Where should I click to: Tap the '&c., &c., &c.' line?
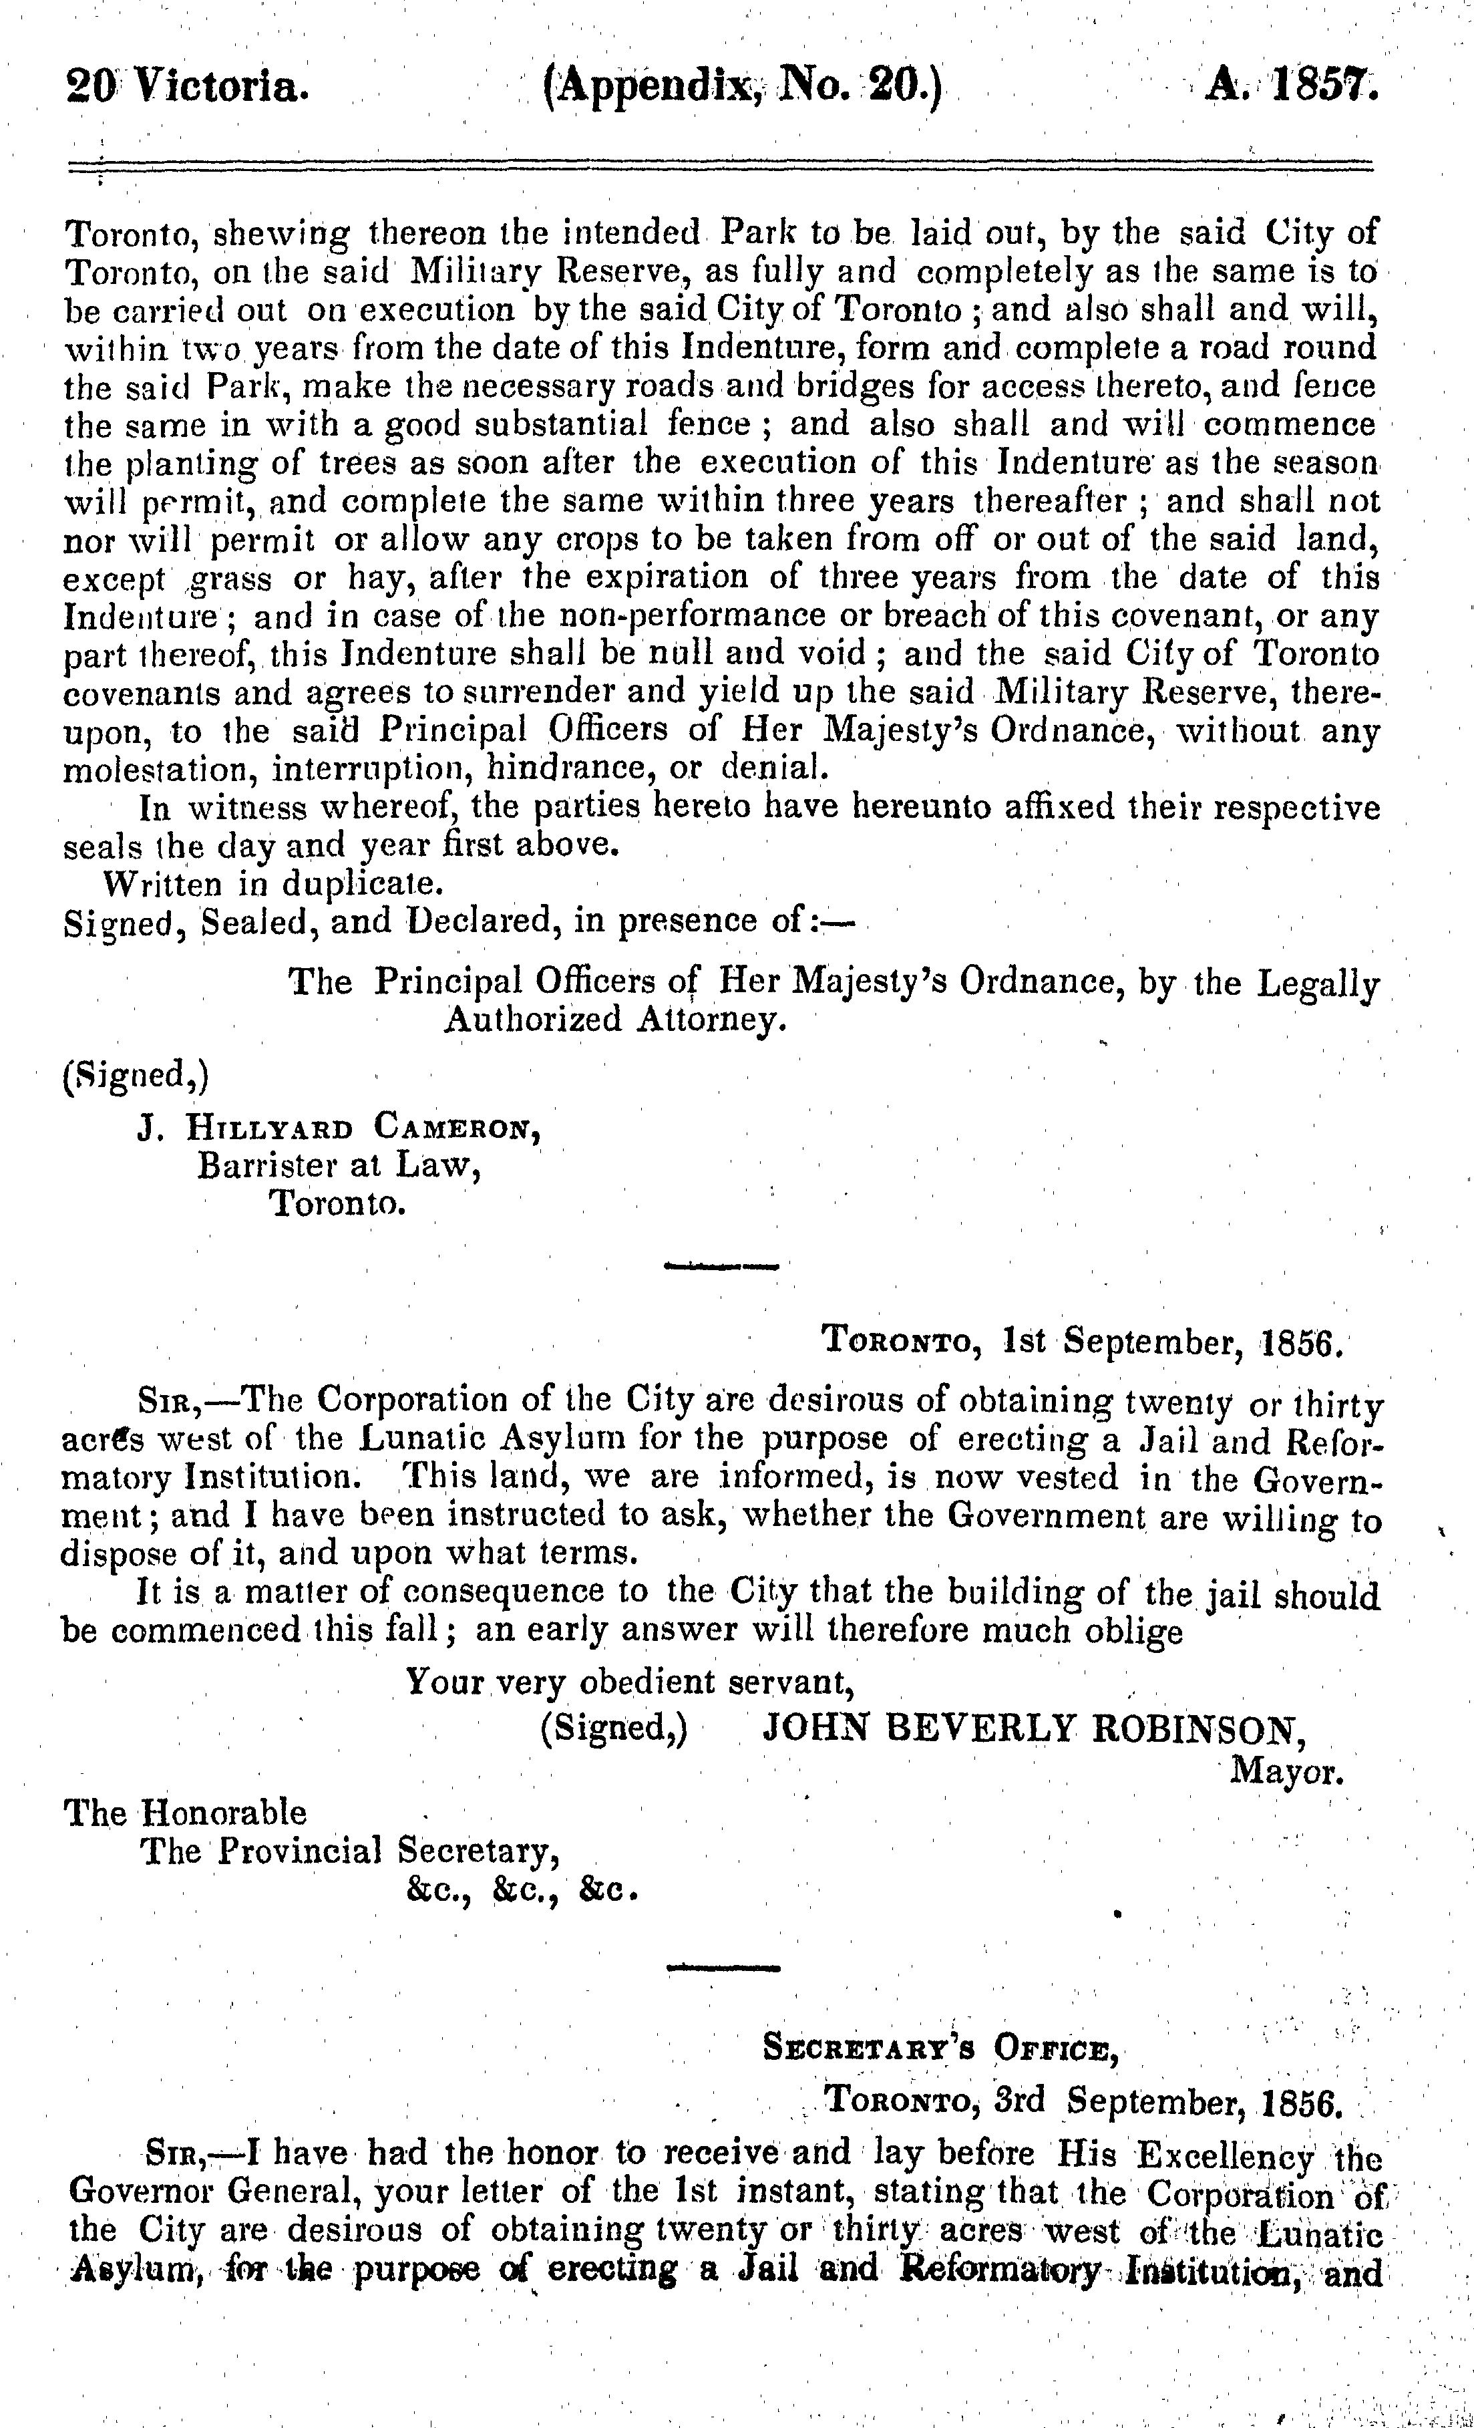[x=519, y=1891]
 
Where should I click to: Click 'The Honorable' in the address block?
[x=185, y=1813]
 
